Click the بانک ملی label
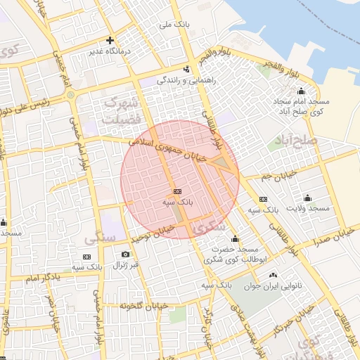pos(175,25)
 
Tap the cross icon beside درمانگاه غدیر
pos(110,40)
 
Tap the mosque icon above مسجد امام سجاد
pos(302,91)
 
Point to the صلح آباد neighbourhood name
pos(298,141)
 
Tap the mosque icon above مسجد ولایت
pos(307,198)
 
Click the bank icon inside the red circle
pos(176,191)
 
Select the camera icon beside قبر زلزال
pos(125,254)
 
